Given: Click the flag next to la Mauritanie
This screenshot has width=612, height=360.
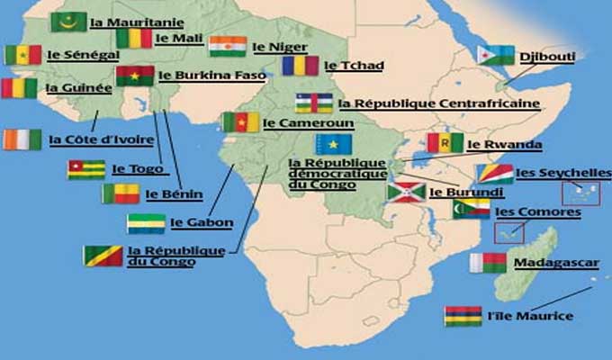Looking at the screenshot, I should [68, 22].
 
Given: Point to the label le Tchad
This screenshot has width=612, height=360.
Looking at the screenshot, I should [343, 65].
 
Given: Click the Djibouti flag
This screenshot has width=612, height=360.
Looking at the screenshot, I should [496, 56].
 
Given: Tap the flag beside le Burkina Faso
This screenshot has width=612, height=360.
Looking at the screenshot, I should [135, 76].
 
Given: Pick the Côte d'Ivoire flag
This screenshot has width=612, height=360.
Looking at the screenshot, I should [22, 139].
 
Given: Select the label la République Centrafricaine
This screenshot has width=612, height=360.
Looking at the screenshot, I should [439, 103].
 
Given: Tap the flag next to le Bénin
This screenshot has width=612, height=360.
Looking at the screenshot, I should [121, 193].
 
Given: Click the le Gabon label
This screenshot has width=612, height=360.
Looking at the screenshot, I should [202, 222].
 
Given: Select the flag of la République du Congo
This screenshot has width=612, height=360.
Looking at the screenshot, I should [103, 256].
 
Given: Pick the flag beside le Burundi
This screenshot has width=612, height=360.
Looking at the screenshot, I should [406, 192].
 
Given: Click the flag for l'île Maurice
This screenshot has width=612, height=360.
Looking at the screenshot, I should [463, 316].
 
